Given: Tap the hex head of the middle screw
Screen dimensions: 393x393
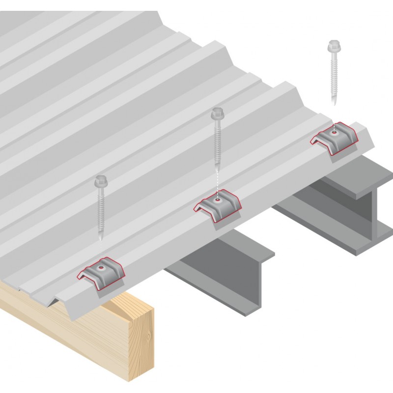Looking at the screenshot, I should (217, 115).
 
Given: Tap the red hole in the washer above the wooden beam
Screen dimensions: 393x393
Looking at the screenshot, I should (101, 268).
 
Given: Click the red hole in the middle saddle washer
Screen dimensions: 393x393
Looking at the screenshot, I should (217, 200).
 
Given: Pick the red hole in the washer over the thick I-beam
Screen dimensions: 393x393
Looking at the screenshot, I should (334, 132).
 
